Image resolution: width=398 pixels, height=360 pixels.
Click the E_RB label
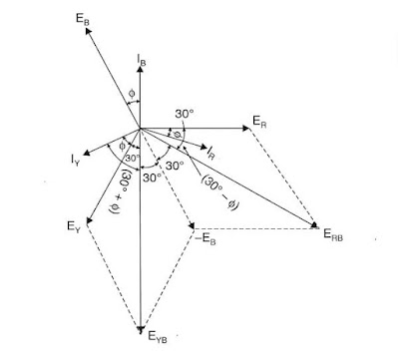pos(333,232)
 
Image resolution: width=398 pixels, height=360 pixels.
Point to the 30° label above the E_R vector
pos(184,113)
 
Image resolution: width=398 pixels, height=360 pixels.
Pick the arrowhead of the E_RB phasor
pos(314,224)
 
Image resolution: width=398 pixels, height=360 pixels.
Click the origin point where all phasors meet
pos(142,128)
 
